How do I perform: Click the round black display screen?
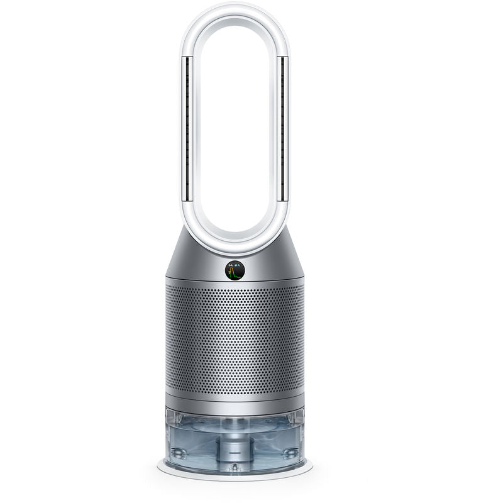[235, 269]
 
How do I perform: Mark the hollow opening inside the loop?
[235, 126]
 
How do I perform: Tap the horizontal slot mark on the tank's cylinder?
[235, 450]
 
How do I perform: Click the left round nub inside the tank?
[180, 452]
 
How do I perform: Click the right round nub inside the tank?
[290, 452]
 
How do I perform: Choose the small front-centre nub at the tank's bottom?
[235, 466]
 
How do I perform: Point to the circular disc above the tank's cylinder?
[235, 423]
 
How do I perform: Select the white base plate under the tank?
[235, 473]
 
